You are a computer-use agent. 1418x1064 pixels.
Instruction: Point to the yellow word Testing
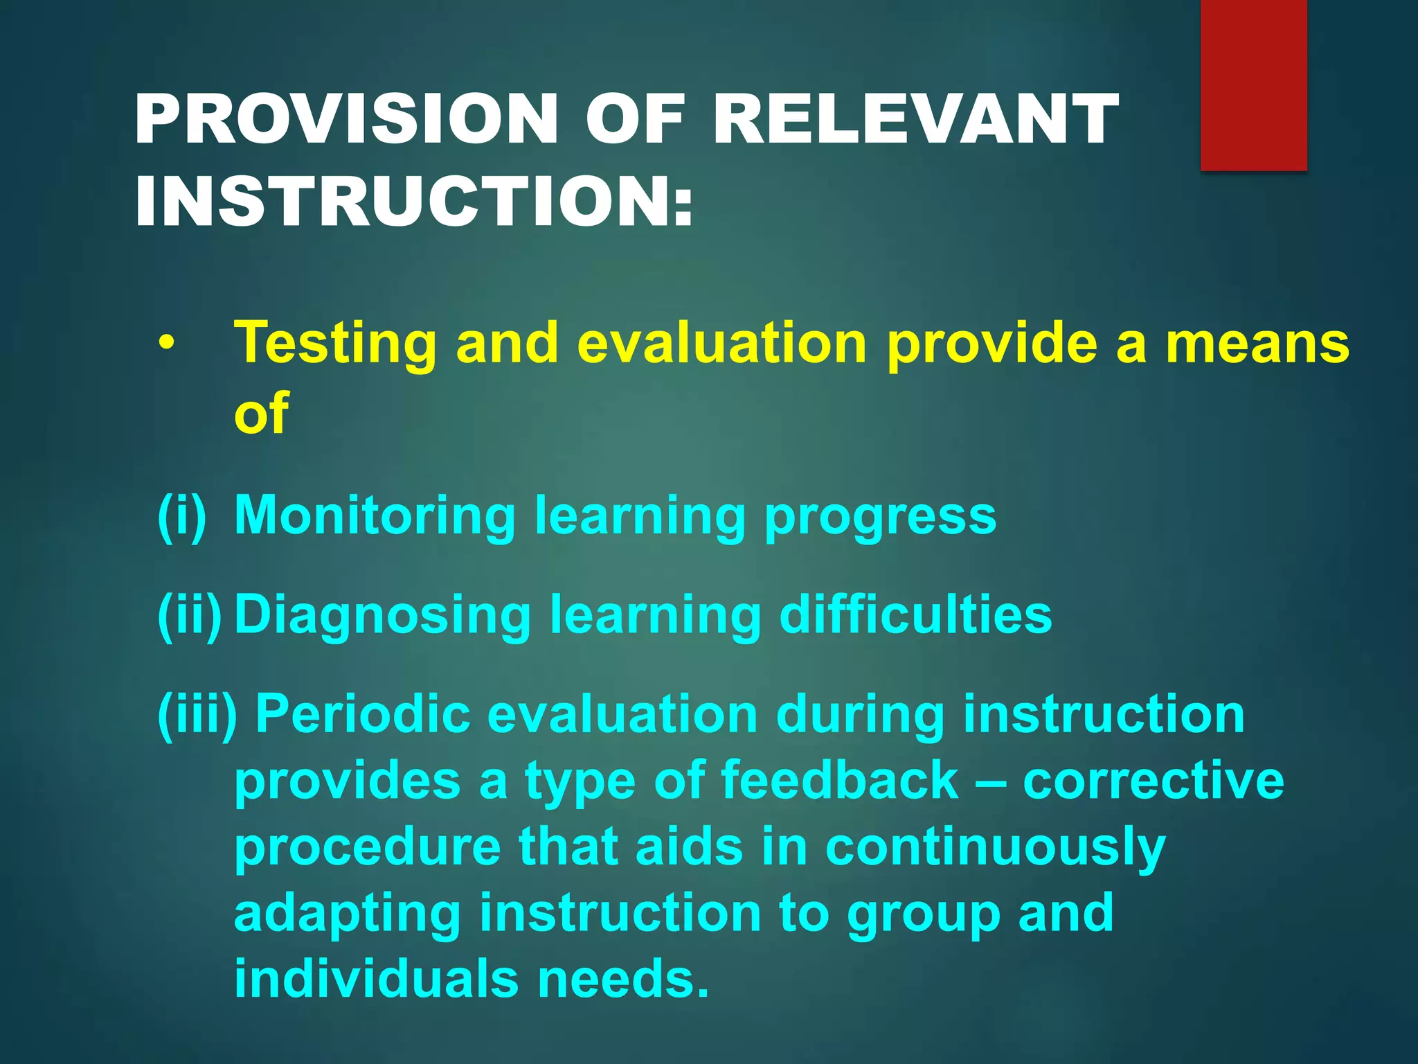point(336,344)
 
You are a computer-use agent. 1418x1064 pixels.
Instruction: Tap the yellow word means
point(1257,344)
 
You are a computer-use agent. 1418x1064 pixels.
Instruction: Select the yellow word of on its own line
point(261,413)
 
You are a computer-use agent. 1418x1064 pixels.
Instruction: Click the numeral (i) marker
point(182,515)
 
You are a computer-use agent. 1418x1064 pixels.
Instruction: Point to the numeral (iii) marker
point(197,715)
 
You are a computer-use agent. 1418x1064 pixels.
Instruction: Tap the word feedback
point(839,780)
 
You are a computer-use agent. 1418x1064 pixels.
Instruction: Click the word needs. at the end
point(623,979)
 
